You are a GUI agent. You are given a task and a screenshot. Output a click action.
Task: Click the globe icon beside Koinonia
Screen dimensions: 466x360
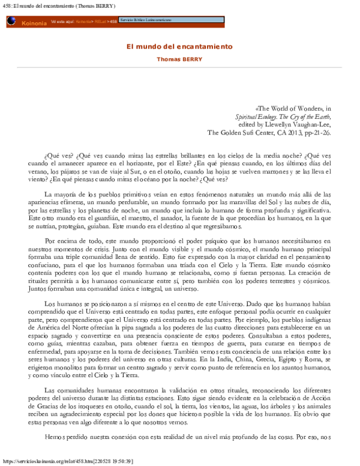(x=11, y=21)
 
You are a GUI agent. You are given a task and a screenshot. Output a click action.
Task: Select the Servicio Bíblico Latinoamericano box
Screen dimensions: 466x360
(x=146, y=20)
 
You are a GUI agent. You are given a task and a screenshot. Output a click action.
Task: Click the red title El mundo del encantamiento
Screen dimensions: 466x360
(x=179, y=46)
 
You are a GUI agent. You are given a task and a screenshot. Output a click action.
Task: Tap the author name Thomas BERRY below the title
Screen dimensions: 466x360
(x=179, y=59)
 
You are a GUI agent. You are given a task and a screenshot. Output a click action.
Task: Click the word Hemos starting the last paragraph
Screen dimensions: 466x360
(x=57, y=437)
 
